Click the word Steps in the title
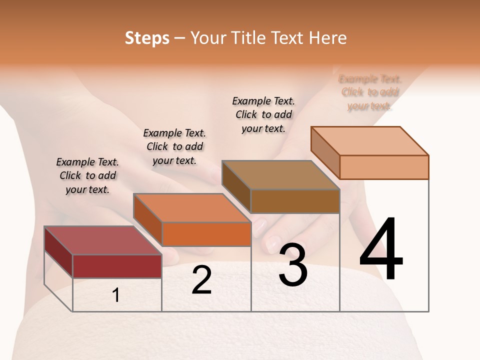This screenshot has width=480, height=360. tap(147, 38)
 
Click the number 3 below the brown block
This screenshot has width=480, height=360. tap(293, 265)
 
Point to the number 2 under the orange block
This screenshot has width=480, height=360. tap(202, 280)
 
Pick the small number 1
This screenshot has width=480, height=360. tap(116, 295)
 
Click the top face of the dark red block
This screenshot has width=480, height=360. tap(102, 240)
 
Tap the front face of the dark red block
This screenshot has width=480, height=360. tap(117, 266)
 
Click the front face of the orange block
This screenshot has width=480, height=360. tap(206, 234)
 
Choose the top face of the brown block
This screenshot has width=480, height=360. tap(280, 175)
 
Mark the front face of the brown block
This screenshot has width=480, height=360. tap(295, 201)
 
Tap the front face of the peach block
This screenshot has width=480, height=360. tap(384, 167)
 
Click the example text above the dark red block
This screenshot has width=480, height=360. tap(87, 175)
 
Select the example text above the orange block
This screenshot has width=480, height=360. tap(174, 146)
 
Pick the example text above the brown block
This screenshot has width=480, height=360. tap(263, 114)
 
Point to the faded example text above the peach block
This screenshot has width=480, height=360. tap(370, 92)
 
